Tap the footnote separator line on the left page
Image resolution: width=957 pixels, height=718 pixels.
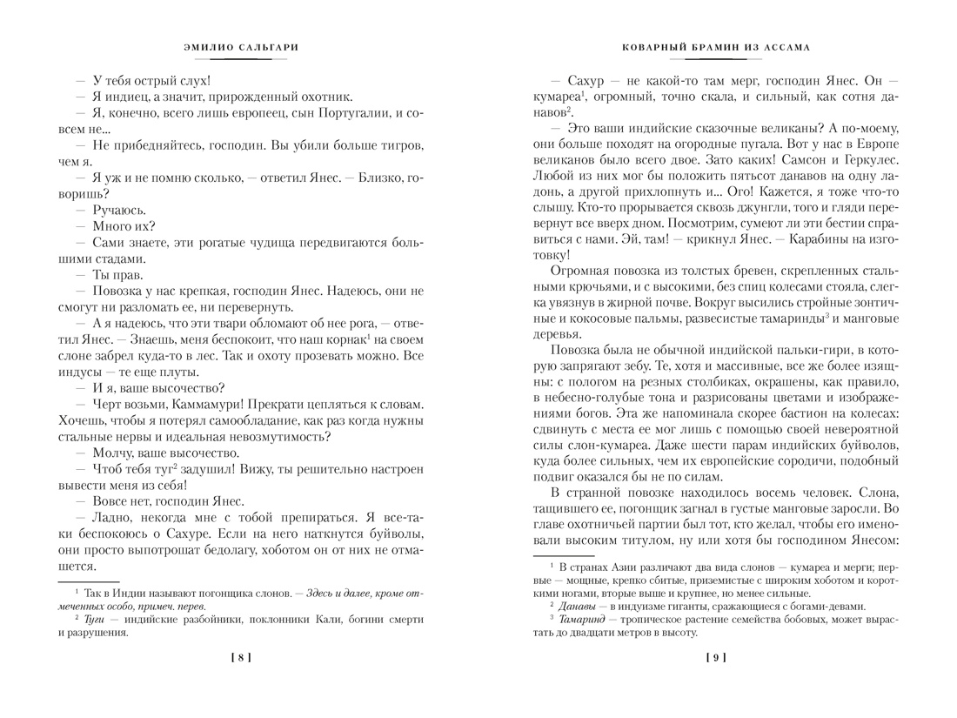pyautogui.click(x=88, y=582)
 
